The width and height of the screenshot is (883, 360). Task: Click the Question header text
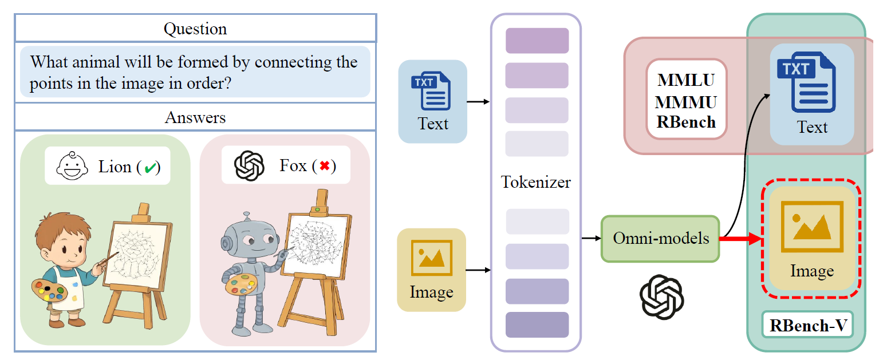click(x=195, y=29)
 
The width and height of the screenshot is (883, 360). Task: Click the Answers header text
click(x=195, y=118)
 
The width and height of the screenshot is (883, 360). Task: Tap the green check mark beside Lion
click(x=152, y=167)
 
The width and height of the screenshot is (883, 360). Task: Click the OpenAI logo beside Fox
click(x=250, y=167)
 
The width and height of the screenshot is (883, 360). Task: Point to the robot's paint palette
click(x=240, y=284)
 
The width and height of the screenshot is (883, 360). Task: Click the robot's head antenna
click(x=247, y=217)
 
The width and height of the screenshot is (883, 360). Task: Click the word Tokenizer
click(x=536, y=182)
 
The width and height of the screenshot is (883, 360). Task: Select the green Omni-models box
click(x=660, y=239)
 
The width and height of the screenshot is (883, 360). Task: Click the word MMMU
click(x=686, y=102)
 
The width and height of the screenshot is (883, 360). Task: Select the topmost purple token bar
click(x=537, y=41)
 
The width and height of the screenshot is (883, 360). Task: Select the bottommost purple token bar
click(x=537, y=325)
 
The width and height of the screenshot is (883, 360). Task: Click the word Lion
click(x=115, y=167)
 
